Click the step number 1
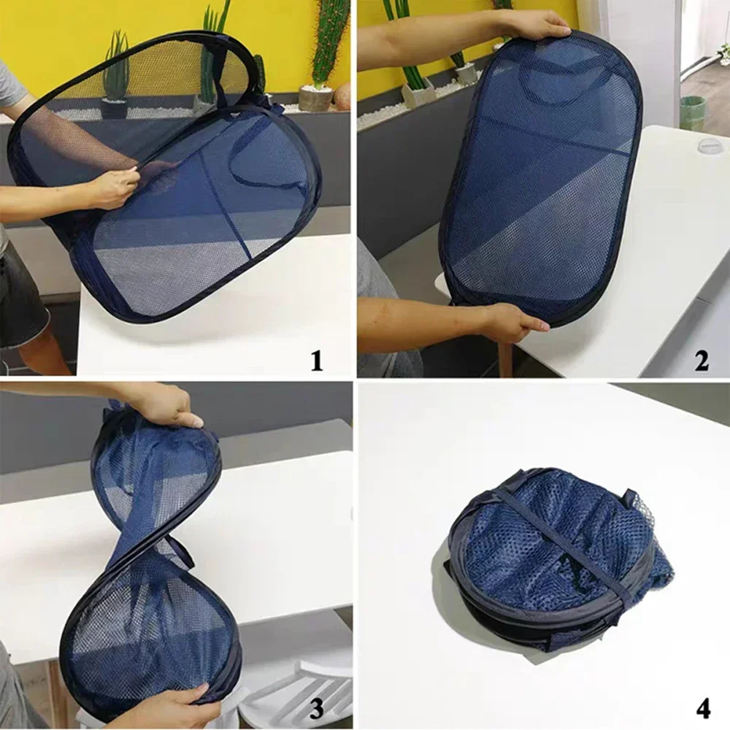click(316, 361)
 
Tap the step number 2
click(701, 361)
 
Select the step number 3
click(316, 707)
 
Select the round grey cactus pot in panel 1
click(315, 99)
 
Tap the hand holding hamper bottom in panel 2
click(511, 322)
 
